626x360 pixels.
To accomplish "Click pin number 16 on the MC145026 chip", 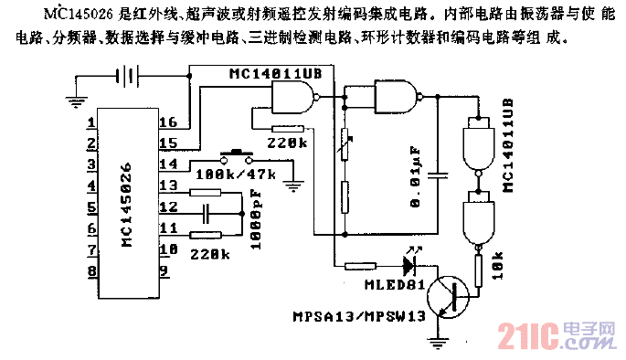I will [x=168, y=122].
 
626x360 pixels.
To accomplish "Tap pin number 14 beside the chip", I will [x=168, y=164].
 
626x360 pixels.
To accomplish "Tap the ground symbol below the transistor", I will [x=436, y=343].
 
